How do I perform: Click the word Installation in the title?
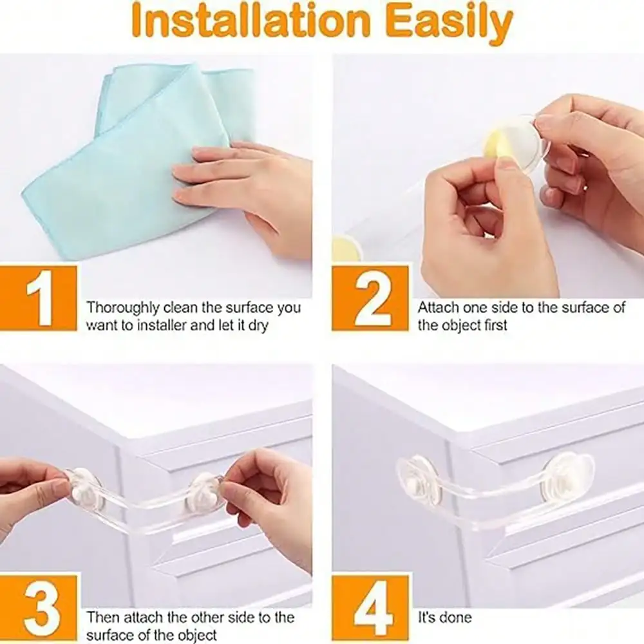click(251, 21)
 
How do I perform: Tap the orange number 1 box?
click(39, 298)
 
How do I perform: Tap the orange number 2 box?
click(370, 298)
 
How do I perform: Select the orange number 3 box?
click(39, 609)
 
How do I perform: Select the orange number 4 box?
click(370, 609)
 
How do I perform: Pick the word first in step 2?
click(495, 325)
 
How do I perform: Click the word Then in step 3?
click(103, 618)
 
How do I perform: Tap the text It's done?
click(444, 618)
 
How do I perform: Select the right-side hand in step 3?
click(267, 493)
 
